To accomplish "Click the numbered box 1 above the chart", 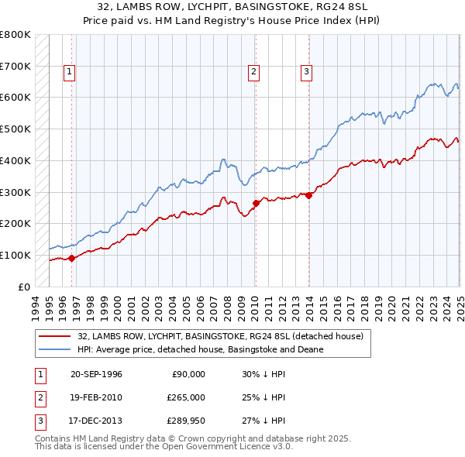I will coord(70,72).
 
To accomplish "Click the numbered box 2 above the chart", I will coord(253,72).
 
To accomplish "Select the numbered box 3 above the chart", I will coord(306,72).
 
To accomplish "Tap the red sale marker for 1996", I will coord(71,258).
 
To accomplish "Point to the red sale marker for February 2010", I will coord(256,203).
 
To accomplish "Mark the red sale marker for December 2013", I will coord(308,195).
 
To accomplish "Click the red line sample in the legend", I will coord(55,336).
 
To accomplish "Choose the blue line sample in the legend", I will coord(55,349).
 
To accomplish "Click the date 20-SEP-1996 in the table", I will coord(96,374).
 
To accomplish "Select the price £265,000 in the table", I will coord(186,398).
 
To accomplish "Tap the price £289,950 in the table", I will coord(186,422).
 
